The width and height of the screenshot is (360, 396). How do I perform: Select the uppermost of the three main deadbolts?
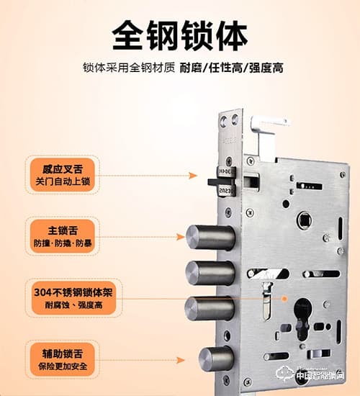click(x=210, y=238)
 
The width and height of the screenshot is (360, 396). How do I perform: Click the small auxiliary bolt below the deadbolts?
click(x=217, y=359)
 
